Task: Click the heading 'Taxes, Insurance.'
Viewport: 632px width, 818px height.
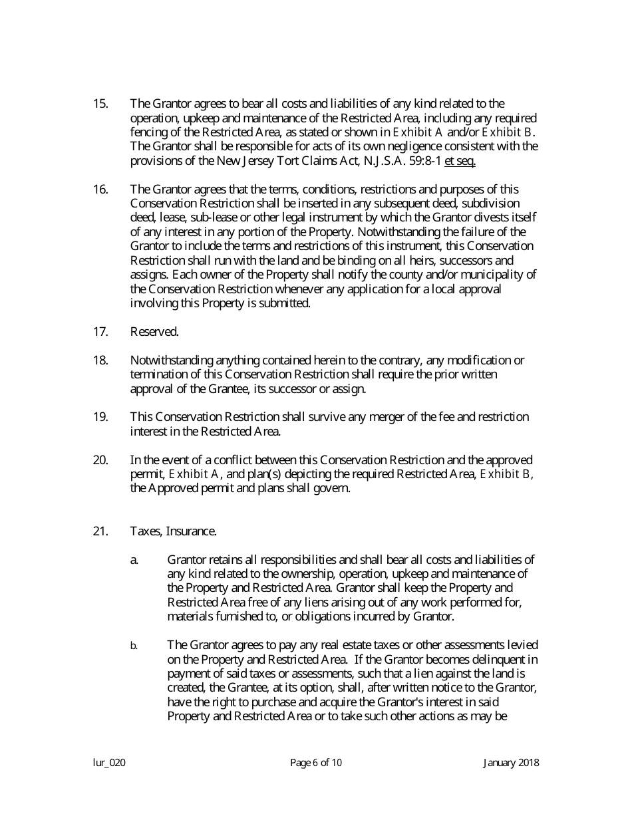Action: click(x=173, y=531)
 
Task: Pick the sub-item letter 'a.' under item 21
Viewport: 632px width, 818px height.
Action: click(x=134, y=560)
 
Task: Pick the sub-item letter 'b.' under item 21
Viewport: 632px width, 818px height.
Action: click(x=134, y=646)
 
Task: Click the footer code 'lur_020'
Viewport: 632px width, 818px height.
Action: click(x=109, y=763)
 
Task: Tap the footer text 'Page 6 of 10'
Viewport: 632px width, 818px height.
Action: click(x=316, y=763)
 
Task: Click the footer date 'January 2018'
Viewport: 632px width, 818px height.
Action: click(x=511, y=763)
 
